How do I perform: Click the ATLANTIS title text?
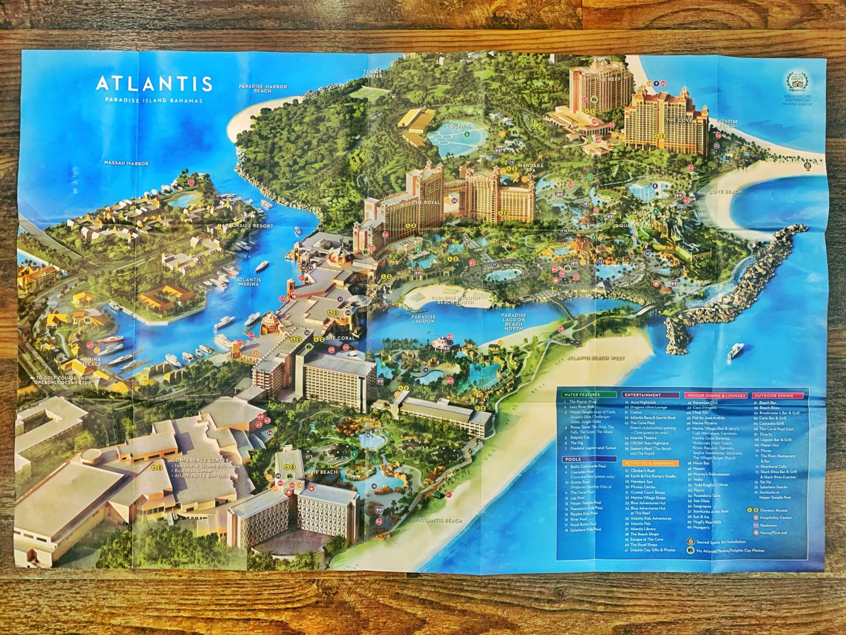tap(154, 83)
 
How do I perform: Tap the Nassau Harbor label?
tap(126, 163)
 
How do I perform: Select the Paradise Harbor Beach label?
tap(263, 88)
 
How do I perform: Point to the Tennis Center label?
tap(372, 74)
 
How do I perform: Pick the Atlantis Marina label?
tap(250, 282)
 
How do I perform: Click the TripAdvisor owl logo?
tap(795, 82)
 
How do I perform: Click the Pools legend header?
tap(572, 459)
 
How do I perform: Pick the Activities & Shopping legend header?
tap(649, 463)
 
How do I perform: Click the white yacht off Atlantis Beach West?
tap(735, 350)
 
